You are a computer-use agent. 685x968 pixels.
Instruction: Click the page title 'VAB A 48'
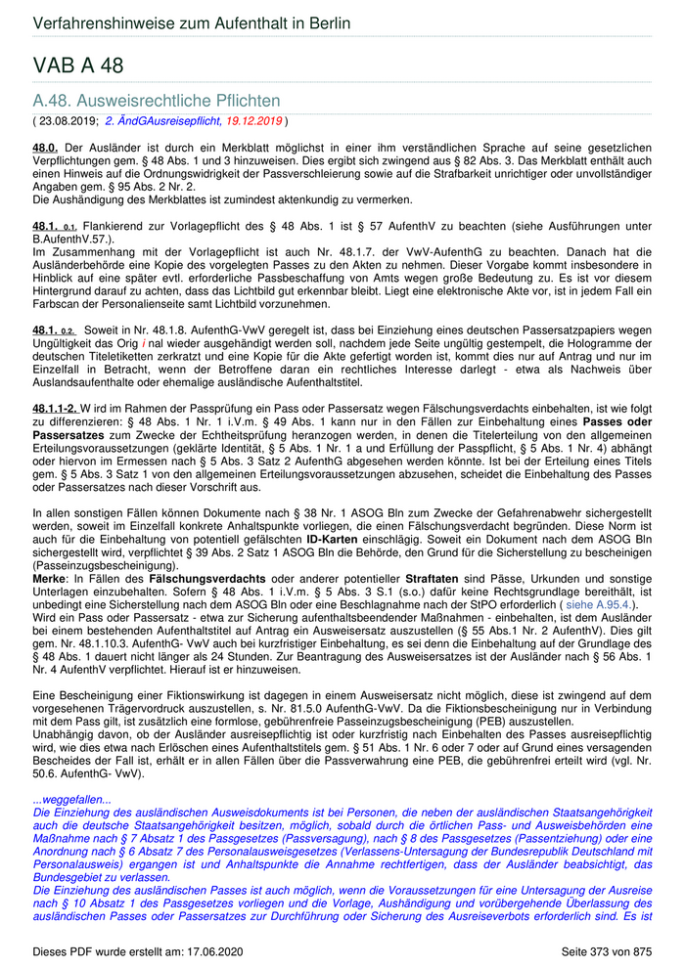pos(79,66)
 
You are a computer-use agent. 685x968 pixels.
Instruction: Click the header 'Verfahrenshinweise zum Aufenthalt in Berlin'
pos(191,23)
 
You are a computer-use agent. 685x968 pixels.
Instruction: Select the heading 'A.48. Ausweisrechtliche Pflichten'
pos(157,100)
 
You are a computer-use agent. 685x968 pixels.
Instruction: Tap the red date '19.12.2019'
pos(254,120)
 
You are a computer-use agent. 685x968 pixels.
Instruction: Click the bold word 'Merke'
pos(51,580)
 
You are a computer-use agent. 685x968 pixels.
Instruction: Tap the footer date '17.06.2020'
pos(209,951)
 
